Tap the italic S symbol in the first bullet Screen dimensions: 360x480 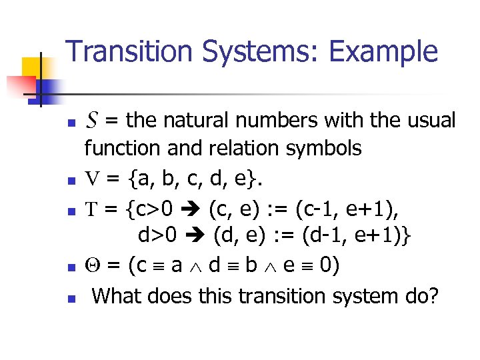click(x=93, y=121)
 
